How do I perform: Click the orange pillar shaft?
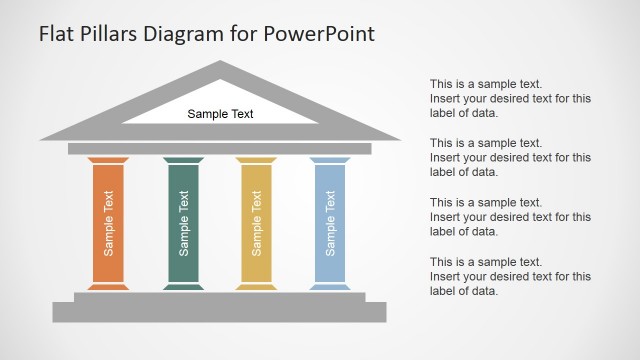(x=108, y=223)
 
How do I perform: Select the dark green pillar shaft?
(x=183, y=223)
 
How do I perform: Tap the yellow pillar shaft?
(x=256, y=223)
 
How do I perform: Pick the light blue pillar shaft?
(x=330, y=223)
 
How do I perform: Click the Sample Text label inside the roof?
(x=220, y=114)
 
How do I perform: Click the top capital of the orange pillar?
(x=108, y=160)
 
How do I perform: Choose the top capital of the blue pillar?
(x=330, y=160)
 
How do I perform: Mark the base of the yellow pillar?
(x=256, y=286)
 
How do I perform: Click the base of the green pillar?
(x=183, y=286)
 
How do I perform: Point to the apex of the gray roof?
(x=220, y=66)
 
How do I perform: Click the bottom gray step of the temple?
(x=220, y=312)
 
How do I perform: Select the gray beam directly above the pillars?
(x=220, y=149)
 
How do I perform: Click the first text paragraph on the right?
(x=510, y=99)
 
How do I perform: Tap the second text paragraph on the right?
(x=510, y=157)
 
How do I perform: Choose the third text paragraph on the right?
(x=510, y=217)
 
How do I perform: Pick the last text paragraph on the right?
(x=510, y=276)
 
